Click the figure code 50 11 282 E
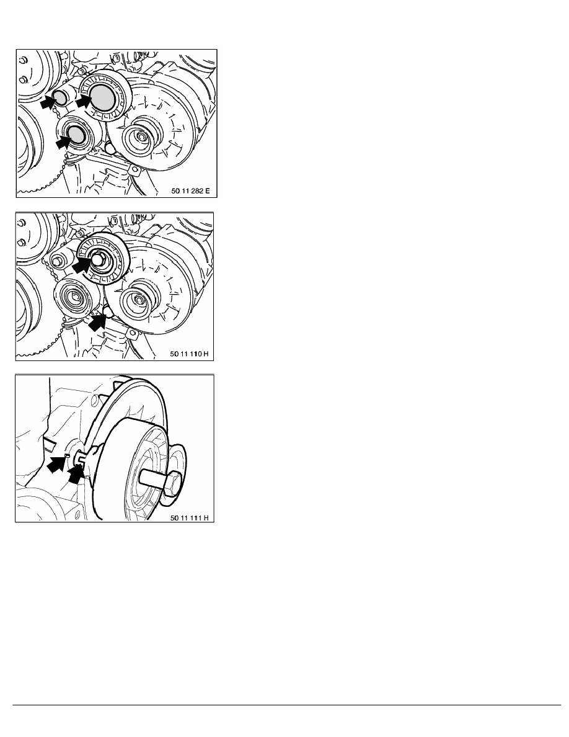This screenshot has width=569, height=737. pyautogui.click(x=191, y=191)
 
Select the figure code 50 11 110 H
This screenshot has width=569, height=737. pyautogui.click(x=189, y=354)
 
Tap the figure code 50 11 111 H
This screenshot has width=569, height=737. pyautogui.click(x=189, y=518)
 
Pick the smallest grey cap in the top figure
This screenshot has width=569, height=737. pyautogui.click(x=60, y=97)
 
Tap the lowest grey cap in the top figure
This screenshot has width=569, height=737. pyautogui.click(x=76, y=134)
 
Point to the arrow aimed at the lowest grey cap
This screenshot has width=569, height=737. pyautogui.click(x=64, y=141)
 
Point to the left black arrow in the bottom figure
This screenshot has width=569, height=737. pyautogui.click(x=56, y=464)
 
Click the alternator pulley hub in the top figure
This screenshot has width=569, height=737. pyautogui.click(x=139, y=136)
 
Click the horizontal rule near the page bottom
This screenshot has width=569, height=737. pyautogui.click(x=286, y=705)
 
